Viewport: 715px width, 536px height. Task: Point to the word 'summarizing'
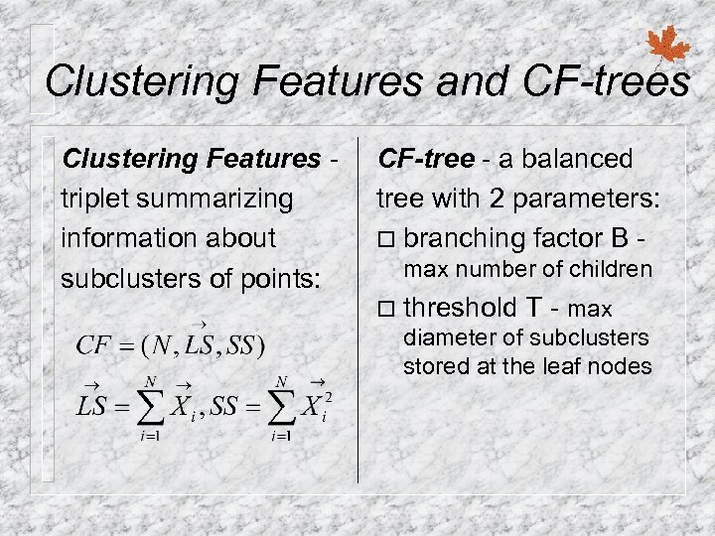pyautogui.click(x=214, y=199)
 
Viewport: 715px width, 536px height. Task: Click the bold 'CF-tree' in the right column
pyautogui.click(x=415, y=159)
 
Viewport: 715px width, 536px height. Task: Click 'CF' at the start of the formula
pyautogui.click(x=96, y=346)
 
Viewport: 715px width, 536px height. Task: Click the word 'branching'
pyautogui.click(x=465, y=238)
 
